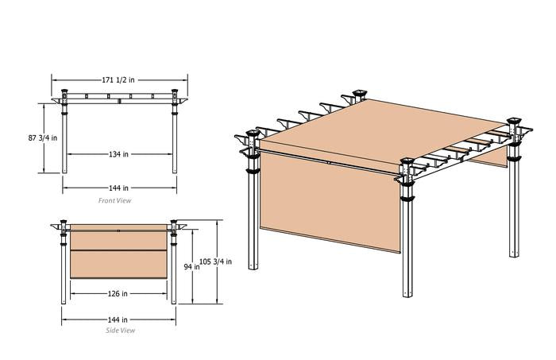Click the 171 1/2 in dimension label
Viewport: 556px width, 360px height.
(118, 80)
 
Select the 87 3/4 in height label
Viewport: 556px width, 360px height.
(43, 138)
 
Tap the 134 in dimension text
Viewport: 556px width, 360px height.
(119, 154)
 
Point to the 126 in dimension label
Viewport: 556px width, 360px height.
(118, 294)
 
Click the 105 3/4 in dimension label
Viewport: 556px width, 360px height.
(215, 261)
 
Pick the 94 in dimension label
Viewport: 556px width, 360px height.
(191, 267)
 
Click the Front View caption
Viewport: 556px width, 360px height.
(114, 201)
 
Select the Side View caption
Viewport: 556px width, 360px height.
(120, 331)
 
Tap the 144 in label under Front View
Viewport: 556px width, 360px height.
(119, 188)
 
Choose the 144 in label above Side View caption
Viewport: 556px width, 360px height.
(118, 320)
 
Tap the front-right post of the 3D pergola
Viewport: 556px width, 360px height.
(407, 230)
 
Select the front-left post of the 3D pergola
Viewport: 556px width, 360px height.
(253, 202)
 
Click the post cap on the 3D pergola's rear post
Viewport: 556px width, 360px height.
(359, 94)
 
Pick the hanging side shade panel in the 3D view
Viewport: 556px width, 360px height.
(330, 201)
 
